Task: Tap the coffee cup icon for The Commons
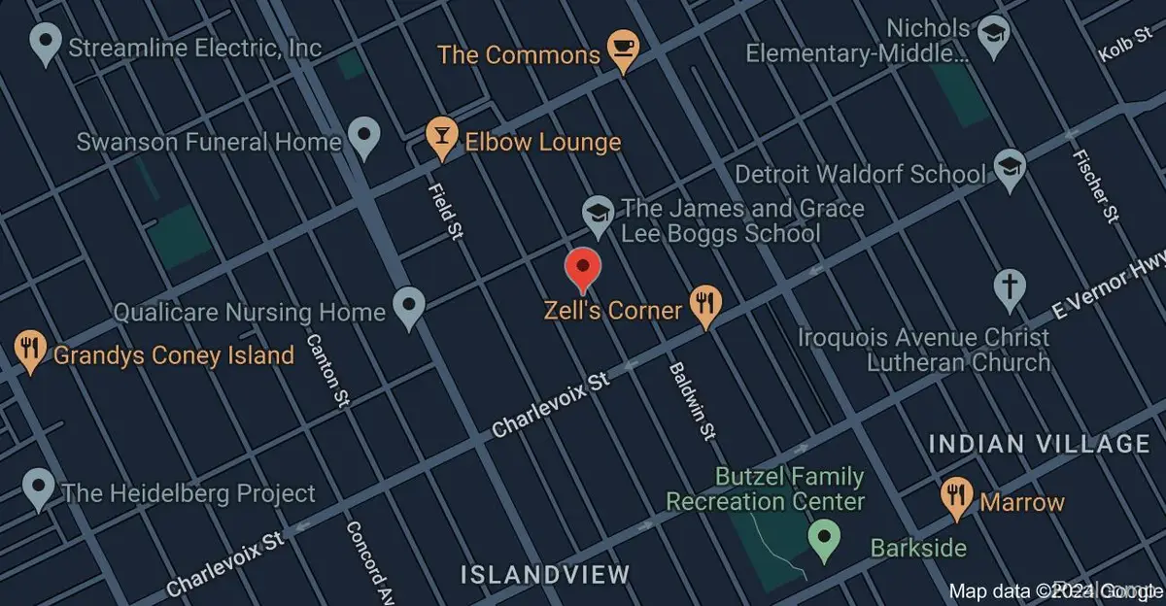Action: coord(622,50)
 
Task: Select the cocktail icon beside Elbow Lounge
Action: coord(442,138)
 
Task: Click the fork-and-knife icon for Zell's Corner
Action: coord(703,305)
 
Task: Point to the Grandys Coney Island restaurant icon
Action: coord(31,351)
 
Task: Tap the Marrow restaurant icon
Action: coord(957,498)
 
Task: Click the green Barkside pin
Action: coord(824,540)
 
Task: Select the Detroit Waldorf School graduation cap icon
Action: coord(1011,169)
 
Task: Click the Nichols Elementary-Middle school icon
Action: coord(994,35)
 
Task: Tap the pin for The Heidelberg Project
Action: coord(38,488)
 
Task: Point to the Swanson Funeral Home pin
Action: coord(364,137)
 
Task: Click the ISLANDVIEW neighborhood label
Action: coord(545,575)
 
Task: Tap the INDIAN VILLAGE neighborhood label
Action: coord(1039,445)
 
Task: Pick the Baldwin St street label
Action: coord(692,402)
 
